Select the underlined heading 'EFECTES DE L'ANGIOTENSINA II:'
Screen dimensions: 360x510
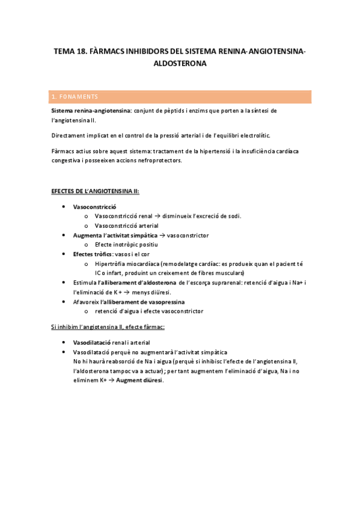pyautogui.click(x=95, y=191)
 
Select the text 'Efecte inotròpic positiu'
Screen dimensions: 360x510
pyautogui.click(x=126, y=245)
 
